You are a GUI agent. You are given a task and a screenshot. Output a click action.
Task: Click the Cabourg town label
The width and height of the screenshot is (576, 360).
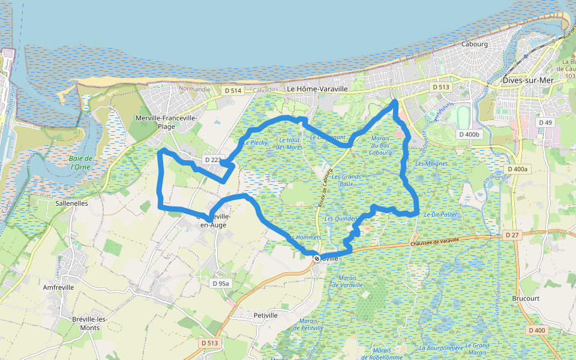click(475, 44)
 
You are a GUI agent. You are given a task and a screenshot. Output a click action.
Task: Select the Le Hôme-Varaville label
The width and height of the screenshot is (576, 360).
click(317, 89)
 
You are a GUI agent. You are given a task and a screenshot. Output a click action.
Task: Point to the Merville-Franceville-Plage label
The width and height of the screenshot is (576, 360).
click(166, 122)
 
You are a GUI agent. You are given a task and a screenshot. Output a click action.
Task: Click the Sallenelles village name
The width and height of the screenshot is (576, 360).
click(71, 203)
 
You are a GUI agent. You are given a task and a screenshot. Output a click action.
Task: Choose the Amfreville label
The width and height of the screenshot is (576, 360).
click(59, 287)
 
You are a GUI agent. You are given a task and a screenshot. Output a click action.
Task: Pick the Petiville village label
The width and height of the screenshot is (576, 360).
click(266, 315)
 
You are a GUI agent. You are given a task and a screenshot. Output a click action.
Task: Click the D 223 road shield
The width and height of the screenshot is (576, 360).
click(213, 160)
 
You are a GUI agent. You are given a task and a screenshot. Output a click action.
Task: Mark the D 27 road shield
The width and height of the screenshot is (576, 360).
click(511, 234)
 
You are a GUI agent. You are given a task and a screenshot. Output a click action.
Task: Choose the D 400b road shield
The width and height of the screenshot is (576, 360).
click(468, 134)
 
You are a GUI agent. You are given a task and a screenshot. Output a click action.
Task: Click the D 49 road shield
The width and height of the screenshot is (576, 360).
click(545, 122)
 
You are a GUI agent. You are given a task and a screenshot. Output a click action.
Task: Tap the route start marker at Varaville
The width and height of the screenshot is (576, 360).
click(317, 258)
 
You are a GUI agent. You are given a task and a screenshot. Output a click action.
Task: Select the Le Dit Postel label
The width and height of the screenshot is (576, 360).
click(440, 214)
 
